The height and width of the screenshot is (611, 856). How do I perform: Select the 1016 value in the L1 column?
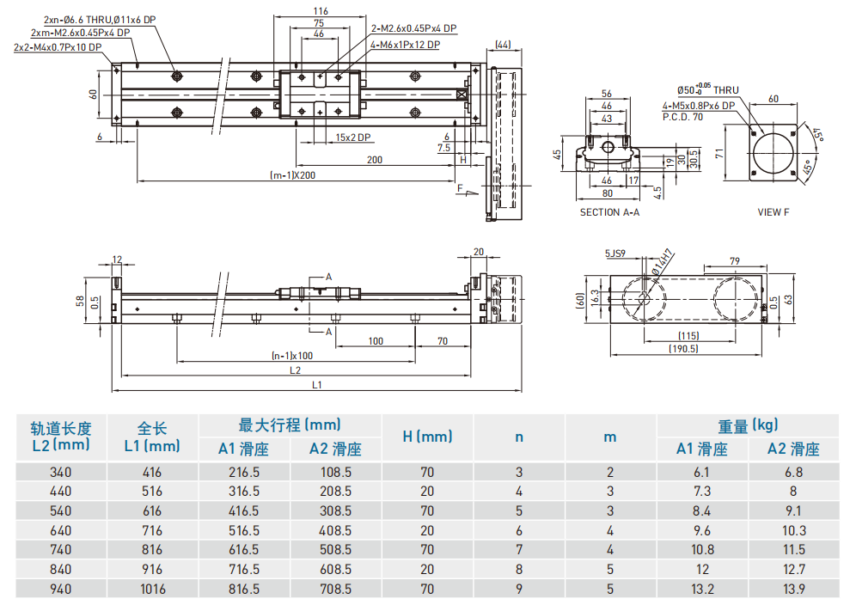pos(152,589)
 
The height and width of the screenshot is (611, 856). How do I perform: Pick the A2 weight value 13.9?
pos(793,589)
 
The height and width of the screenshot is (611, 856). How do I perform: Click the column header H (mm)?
pos(427,437)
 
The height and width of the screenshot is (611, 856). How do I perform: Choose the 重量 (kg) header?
pos(748,425)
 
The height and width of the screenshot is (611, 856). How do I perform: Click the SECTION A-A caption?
pos(609,212)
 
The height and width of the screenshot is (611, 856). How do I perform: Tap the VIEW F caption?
pos(773,212)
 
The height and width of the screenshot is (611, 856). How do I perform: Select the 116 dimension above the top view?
pos(320,10)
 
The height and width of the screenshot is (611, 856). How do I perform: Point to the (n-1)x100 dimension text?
pos(292,355)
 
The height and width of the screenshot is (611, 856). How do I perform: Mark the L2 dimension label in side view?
pos(295,370)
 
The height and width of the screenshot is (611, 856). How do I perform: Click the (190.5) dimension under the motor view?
pos(685,348)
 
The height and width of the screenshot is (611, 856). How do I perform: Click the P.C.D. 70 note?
pos(682,117)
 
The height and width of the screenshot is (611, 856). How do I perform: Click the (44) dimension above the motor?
pos(504,44)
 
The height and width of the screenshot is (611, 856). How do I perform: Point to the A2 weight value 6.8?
pos(793,472)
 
